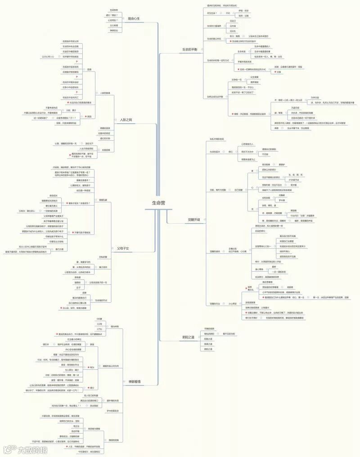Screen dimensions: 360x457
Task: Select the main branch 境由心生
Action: (134, 19)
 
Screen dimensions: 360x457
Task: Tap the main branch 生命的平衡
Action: (189, 49)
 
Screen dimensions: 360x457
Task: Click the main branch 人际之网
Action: (126, 120)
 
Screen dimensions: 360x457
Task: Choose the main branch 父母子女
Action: (123, 248)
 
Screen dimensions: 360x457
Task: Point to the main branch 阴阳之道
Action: (188, 336)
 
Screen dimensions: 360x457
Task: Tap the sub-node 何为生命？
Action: (212, 13)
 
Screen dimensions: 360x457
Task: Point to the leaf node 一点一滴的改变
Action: (277, 272)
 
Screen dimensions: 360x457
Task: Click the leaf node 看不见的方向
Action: (229, 334)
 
